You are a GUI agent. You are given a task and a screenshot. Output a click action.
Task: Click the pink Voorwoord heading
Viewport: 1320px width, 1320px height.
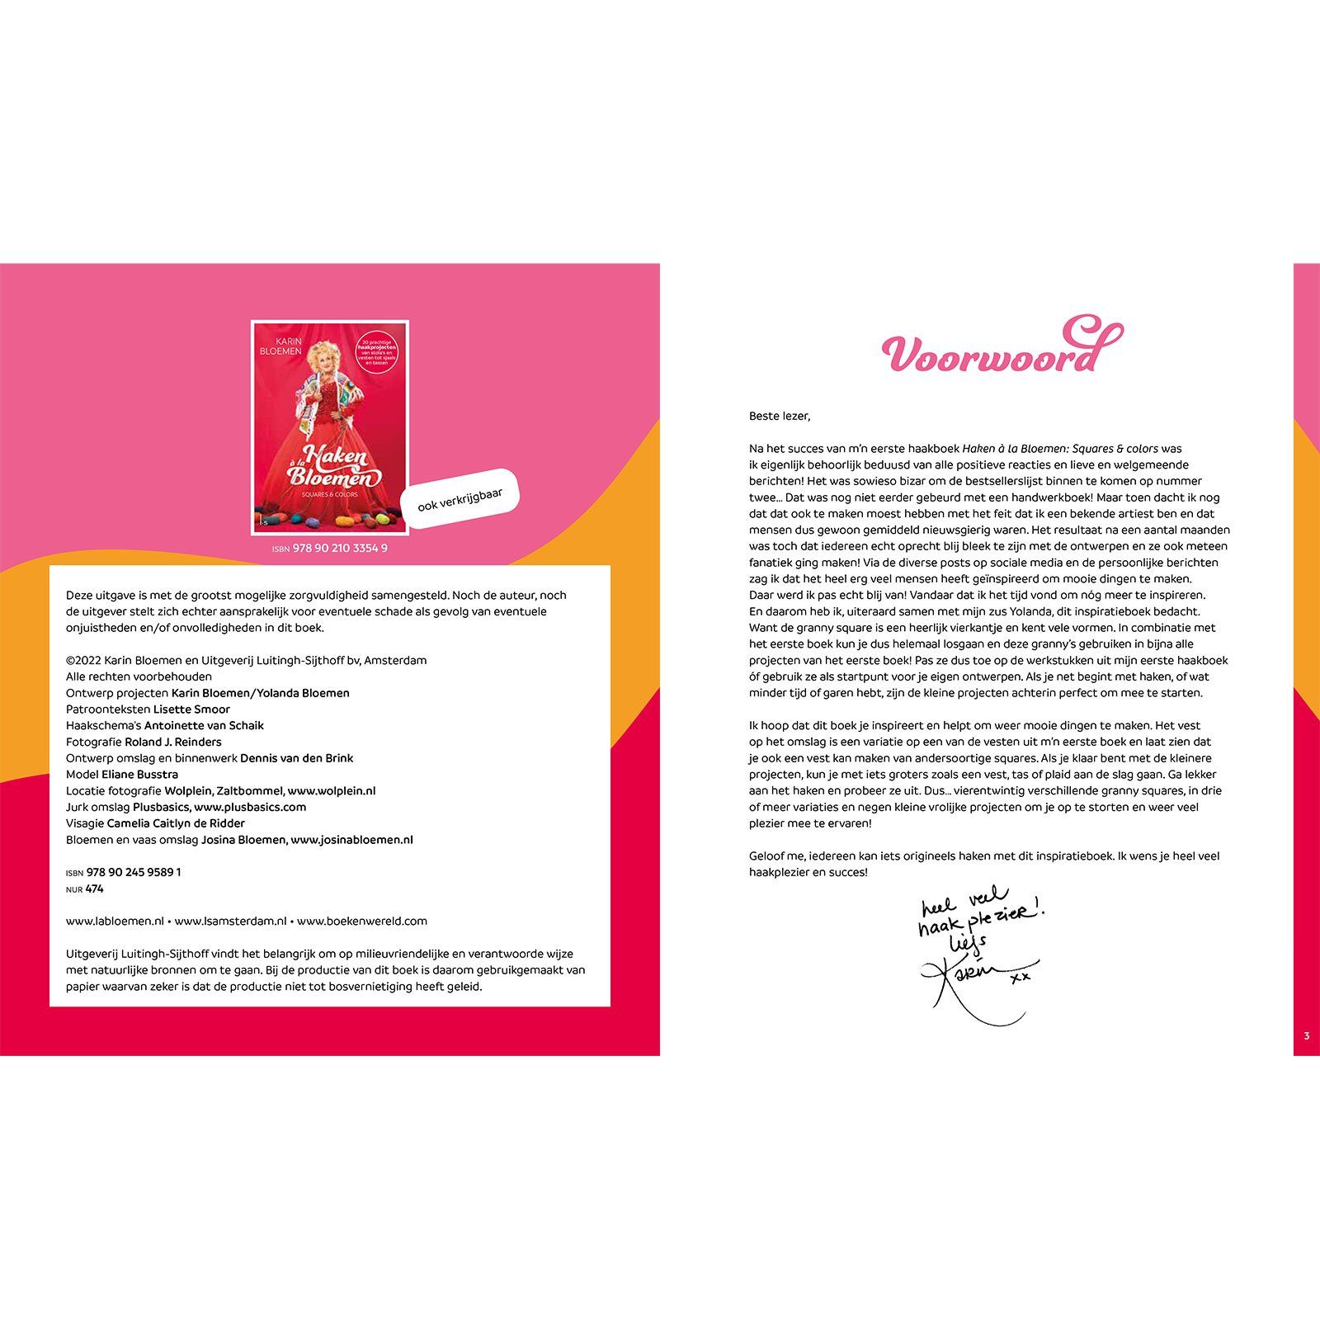pos(994,353)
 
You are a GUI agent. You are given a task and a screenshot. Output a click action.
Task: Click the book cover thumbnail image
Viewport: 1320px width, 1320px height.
pos(330,427)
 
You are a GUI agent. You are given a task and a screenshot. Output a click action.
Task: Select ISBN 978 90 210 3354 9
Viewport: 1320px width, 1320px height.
pos(330,549)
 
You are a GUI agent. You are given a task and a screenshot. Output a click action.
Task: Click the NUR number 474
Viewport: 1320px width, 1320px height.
pos(94,889)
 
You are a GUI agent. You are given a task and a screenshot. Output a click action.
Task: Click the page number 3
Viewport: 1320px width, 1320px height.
pos(1306,1036)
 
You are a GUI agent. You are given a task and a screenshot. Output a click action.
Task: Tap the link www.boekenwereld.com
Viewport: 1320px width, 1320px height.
pos(362,922)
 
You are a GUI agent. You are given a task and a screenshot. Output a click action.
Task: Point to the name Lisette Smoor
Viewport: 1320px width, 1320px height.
pos(191,709)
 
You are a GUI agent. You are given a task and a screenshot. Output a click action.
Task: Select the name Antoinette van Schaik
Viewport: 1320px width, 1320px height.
pos(204,726)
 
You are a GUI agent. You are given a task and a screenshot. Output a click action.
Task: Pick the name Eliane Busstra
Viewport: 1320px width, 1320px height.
pos(139,775)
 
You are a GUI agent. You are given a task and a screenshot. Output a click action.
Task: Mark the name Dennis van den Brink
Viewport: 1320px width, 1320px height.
pos(297,758)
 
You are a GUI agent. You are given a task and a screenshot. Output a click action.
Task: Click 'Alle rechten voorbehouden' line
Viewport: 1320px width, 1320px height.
pos(139,676)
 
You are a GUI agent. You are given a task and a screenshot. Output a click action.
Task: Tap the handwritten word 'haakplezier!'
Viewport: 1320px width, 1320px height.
pos(982,920)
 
